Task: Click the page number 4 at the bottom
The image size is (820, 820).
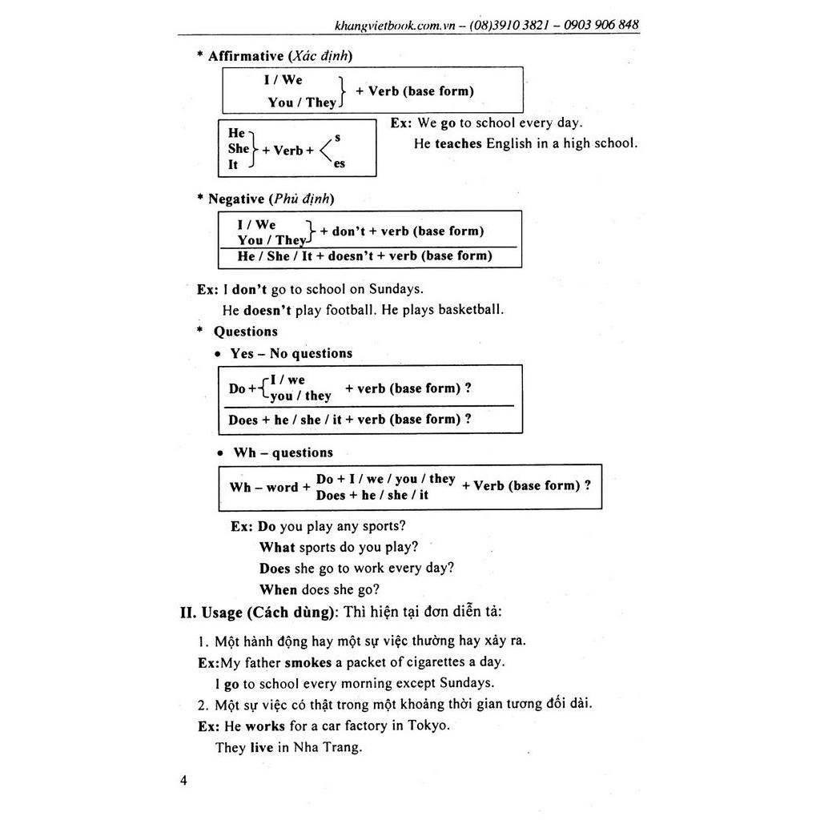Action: coord(183,781)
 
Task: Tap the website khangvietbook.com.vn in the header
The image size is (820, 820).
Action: coord(395,26)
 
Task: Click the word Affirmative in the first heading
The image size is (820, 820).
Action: coord(246,56)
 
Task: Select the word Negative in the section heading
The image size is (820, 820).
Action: coord(235,199)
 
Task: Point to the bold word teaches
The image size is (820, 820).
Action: coord(459,143)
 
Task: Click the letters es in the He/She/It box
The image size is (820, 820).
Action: coord(340,163)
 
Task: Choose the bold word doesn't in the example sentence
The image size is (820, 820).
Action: coord(267,309)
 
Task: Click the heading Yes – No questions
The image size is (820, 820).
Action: coord(291,353)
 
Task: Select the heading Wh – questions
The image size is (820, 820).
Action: coord(283,452)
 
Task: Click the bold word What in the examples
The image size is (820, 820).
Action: coord(277,547)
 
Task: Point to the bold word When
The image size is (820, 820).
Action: coord(278,589)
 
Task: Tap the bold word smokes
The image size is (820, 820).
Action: coord(307,662)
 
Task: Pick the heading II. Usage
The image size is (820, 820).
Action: coord(211,613)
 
